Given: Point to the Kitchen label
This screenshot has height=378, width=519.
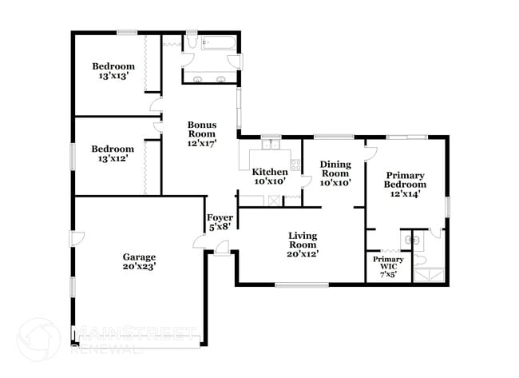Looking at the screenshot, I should click(270, 172).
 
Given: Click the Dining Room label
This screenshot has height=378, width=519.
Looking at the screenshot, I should click(335, 169).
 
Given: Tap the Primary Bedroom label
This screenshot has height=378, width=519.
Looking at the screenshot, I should click(405, 180).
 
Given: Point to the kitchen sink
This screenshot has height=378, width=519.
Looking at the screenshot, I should click(271, 146).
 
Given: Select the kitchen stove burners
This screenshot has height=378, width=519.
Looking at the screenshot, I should click(295, 165).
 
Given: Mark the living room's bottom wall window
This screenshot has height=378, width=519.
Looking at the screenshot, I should click(301, 284).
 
